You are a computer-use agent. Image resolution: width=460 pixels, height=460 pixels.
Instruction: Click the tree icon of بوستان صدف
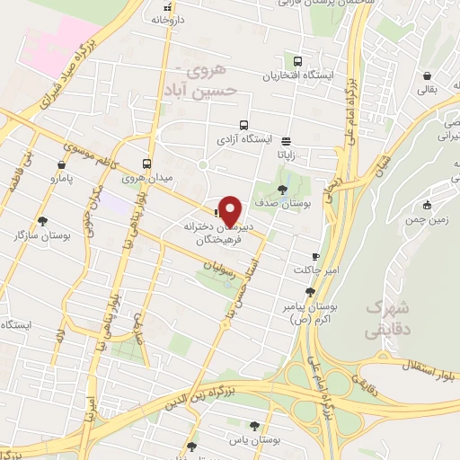(284, 189)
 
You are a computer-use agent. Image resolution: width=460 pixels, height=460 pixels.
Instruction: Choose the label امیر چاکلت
(314, 270)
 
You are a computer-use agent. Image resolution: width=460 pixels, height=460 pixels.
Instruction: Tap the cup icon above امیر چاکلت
(314, 256)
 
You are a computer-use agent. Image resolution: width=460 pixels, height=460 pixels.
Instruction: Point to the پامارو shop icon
(60, 164)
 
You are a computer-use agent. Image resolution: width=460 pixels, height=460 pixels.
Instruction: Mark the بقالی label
(428, 90)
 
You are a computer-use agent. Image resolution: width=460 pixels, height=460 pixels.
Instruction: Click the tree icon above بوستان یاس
(255, 425)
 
